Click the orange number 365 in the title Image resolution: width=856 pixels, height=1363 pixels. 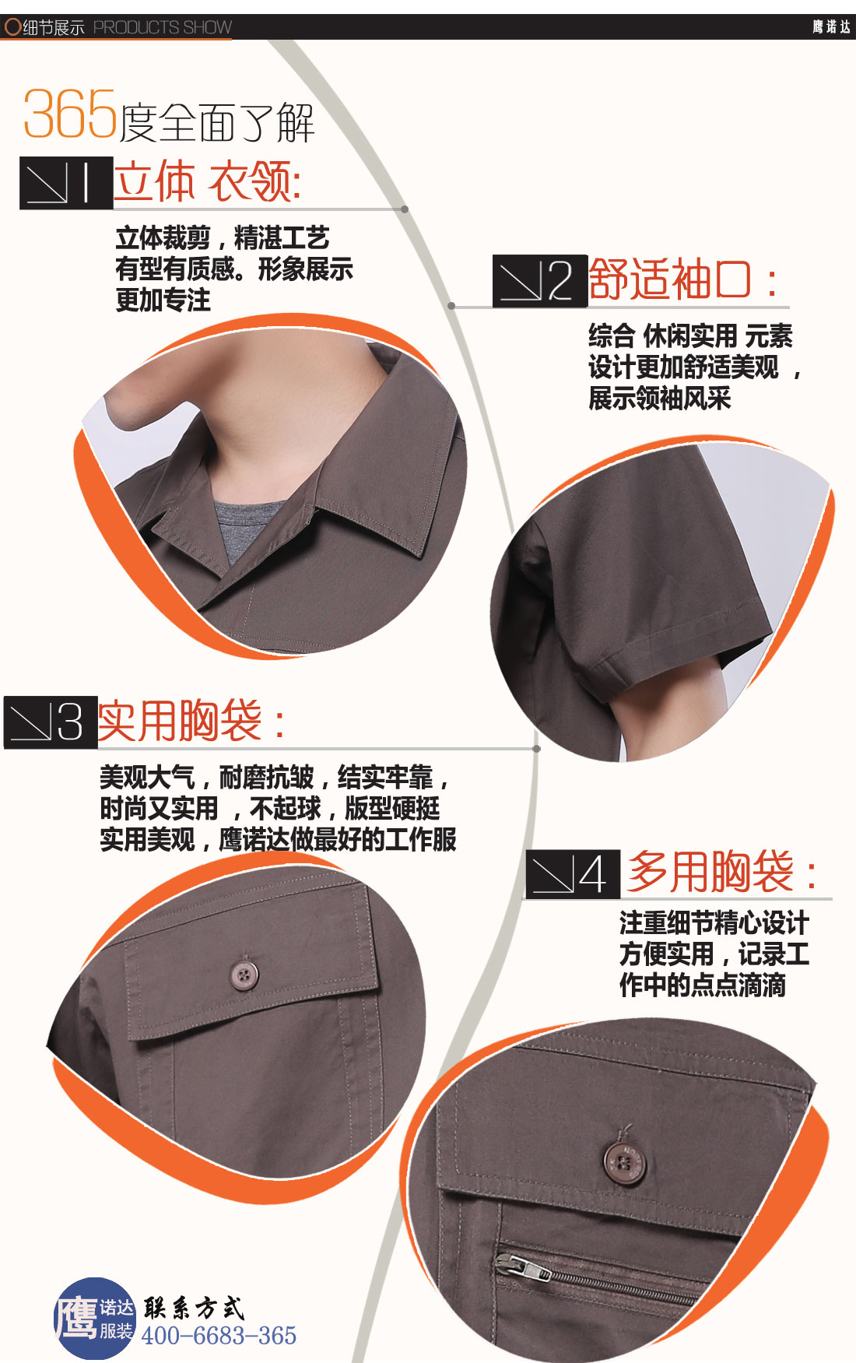(x=70, y=114)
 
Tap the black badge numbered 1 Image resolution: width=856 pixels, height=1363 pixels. (x=66, y=183)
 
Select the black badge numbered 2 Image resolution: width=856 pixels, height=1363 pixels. (x=539, y=280)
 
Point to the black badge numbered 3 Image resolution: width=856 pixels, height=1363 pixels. (x=51, y=722)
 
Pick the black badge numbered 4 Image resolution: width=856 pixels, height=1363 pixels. (x=572, y=874)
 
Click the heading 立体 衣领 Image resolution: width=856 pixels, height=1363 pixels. (x=207, y=181)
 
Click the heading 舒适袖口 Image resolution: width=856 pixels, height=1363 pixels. (x=682, y=279)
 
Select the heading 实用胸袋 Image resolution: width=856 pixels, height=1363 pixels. (x=191, y=721)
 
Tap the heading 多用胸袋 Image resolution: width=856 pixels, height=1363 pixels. (x=721, y=872)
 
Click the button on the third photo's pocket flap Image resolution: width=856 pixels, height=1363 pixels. (x=244, y=974)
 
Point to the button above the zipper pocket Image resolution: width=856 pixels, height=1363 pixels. (x=623, y=1163)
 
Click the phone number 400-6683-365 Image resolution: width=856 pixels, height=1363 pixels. (x=219, y=1336)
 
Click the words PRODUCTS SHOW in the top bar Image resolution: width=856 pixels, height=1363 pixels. (x=162, y=27)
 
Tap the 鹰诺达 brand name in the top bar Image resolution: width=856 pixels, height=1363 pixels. (x=831, y=27)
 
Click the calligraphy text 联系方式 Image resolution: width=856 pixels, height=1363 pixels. (x=194, y=1308)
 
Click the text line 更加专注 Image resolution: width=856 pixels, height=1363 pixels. (x=163, y=300)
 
